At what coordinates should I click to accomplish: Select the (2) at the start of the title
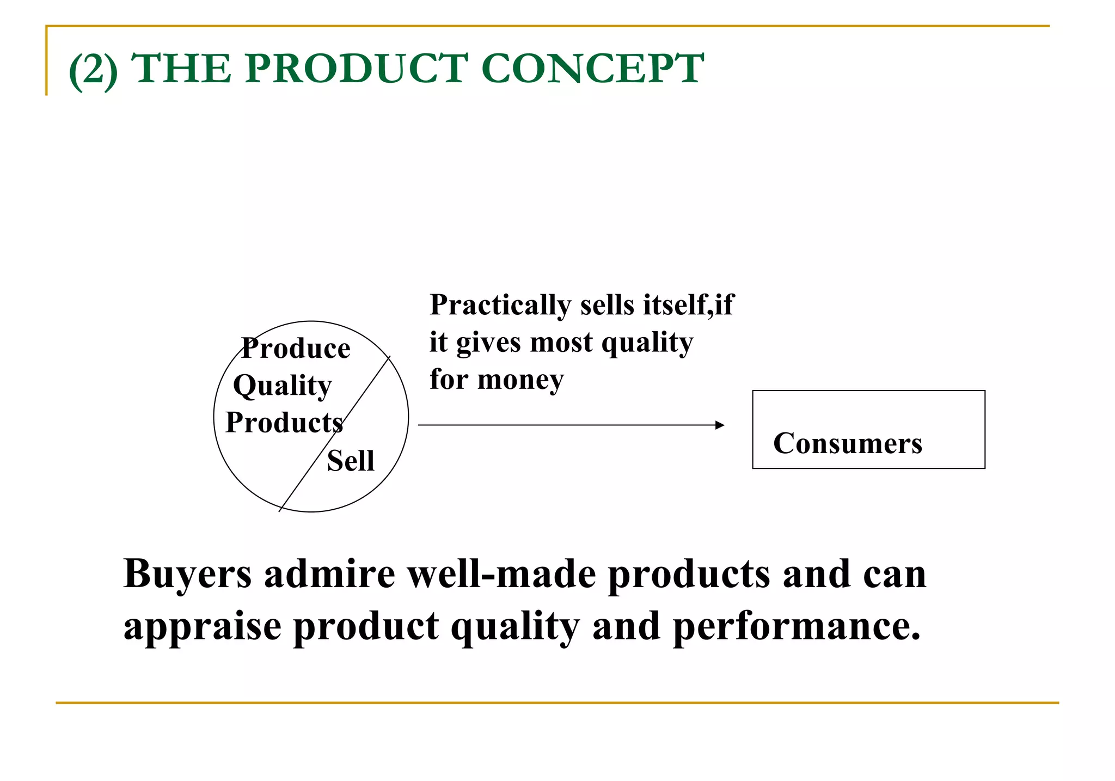pos(93,70)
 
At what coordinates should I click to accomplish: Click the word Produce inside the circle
pos(296,349)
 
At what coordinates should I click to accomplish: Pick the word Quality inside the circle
pos(282,386)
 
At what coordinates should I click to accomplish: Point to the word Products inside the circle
pos(284,423)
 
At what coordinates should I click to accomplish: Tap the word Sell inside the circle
pos(351,461)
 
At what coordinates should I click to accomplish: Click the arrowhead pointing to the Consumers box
pos(720,425)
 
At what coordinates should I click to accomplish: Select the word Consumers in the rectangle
pos(847,443)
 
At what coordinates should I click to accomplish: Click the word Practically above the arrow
pos(499,305)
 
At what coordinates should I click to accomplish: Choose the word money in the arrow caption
pos(520,380)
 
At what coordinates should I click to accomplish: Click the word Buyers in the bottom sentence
pos(187,575)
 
